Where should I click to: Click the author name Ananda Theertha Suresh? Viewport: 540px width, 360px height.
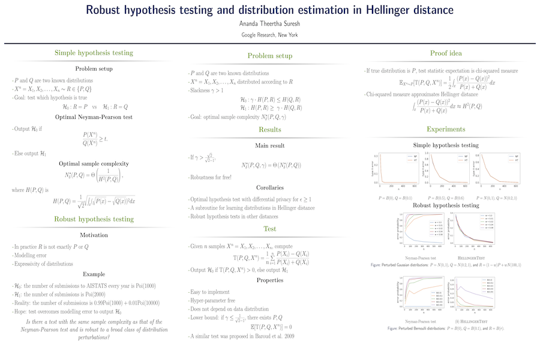pos(269,24)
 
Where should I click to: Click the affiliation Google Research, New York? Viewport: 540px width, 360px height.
pos(269,35)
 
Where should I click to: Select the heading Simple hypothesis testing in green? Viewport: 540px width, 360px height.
pos(94,53)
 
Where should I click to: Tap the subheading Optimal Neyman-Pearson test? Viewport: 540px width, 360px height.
pos(94,116)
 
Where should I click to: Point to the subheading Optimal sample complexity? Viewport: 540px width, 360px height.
pos(94,163)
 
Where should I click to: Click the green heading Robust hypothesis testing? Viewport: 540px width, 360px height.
pos(94,220)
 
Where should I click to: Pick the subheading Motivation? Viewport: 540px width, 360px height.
pos(94,235)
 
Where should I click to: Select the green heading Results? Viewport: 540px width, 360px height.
pos(270,130)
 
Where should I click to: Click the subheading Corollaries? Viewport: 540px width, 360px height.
pos(270,187)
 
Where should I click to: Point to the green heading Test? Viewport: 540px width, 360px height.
pos(270,229)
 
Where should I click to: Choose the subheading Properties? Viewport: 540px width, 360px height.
pos(270,280)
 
